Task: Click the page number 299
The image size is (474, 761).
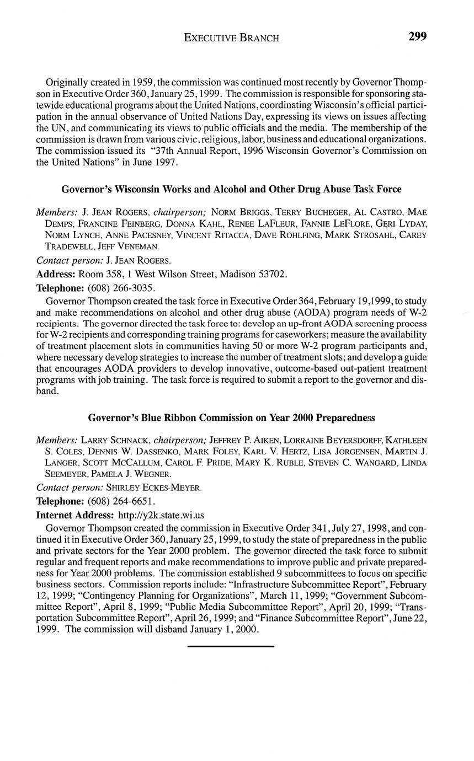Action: click(417, 37)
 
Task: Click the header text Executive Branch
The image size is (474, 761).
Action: click(231, 38)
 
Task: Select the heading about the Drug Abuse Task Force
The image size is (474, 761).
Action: click(231, 189)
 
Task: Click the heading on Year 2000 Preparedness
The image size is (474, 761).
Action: click(231, 418)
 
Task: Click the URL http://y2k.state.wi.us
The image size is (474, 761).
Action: click(161, 515)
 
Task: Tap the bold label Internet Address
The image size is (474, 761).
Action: click(76, 515)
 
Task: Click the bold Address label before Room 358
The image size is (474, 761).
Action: click(56, 274)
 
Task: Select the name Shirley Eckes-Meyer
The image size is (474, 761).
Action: click(154, 487)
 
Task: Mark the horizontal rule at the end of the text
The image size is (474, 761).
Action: click(231, 646)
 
